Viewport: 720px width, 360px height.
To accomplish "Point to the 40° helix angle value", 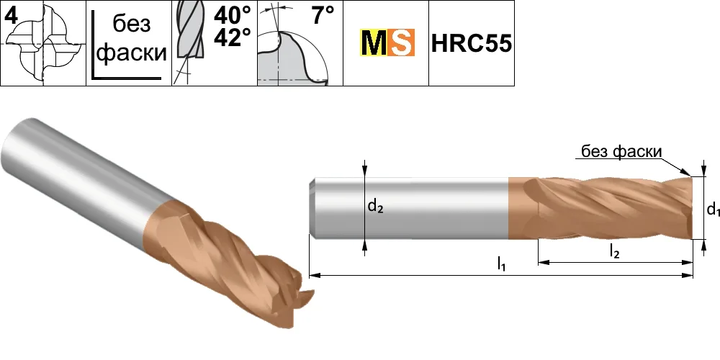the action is point(233,15).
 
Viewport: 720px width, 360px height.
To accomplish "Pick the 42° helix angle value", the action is point(233,37).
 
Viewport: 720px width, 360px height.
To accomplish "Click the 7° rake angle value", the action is point(323,16).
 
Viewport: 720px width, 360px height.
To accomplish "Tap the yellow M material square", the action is point(373,42).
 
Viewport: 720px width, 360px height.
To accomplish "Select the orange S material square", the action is point(401,42).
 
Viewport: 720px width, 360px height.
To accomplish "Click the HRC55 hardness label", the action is point(472,44).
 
